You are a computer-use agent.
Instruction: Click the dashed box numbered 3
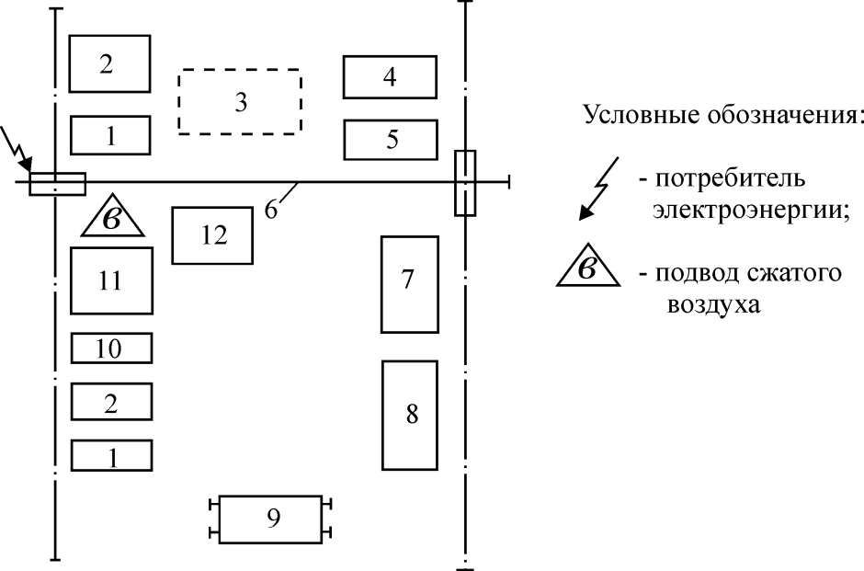(239, 101)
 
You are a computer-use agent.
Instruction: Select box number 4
(390, 77)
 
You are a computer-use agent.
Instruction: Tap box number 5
(390, 140)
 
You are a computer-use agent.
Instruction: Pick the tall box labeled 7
(409, 284)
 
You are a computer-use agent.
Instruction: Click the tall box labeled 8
(410, 415)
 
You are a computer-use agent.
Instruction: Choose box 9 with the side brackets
(272, 520)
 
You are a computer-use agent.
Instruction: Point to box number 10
(111, 348)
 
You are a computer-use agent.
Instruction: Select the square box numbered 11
(111, 280)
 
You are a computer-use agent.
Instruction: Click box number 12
(212, 235)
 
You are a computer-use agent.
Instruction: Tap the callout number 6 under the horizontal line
(271, 209)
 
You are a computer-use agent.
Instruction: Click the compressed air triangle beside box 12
(112, 219)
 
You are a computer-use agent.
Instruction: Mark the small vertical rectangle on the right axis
(465, 182)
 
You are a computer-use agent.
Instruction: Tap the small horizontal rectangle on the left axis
(57, 184)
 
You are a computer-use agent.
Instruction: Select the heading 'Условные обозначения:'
(722, 118)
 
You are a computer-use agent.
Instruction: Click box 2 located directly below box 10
(111, 403)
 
